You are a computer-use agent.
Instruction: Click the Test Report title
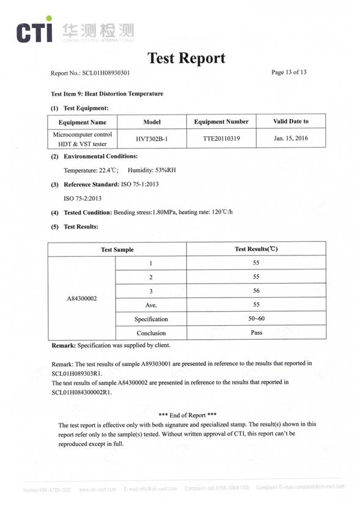coord(186,58)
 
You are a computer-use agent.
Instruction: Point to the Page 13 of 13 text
coord(288,73)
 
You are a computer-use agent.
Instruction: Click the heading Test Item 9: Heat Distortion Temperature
coord(107,94)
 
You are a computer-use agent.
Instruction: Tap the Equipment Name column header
coord(82,122)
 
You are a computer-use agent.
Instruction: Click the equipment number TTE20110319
coord(221,139)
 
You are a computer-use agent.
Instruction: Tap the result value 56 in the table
coord(256,291)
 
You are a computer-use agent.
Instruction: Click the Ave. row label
coord(151,305)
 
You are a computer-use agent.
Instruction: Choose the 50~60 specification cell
coord(256,318)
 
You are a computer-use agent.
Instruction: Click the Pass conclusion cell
coord(256,332)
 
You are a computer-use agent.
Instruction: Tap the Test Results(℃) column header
coord(256,249)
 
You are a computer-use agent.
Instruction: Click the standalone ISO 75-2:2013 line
coord(83,199)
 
